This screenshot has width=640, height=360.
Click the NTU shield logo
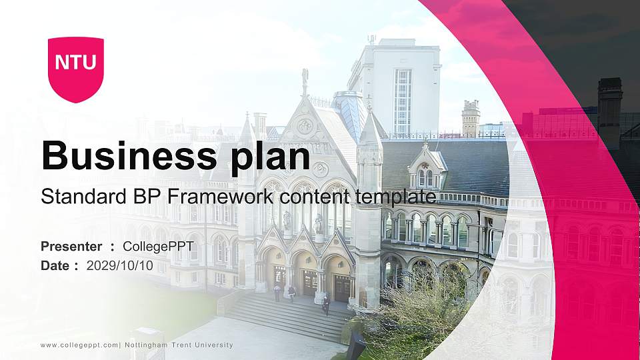pos(75,69)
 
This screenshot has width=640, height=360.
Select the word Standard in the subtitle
pos(73,197)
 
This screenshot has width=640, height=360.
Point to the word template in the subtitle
pos(396,197)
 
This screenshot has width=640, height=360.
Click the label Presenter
pos(71,247)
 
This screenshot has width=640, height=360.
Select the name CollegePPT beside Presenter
pos(158,247)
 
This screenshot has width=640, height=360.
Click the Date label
pos(55,265)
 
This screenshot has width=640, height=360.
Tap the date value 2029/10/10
pos(120,265)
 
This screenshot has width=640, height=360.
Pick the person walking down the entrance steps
pos(326,305)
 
